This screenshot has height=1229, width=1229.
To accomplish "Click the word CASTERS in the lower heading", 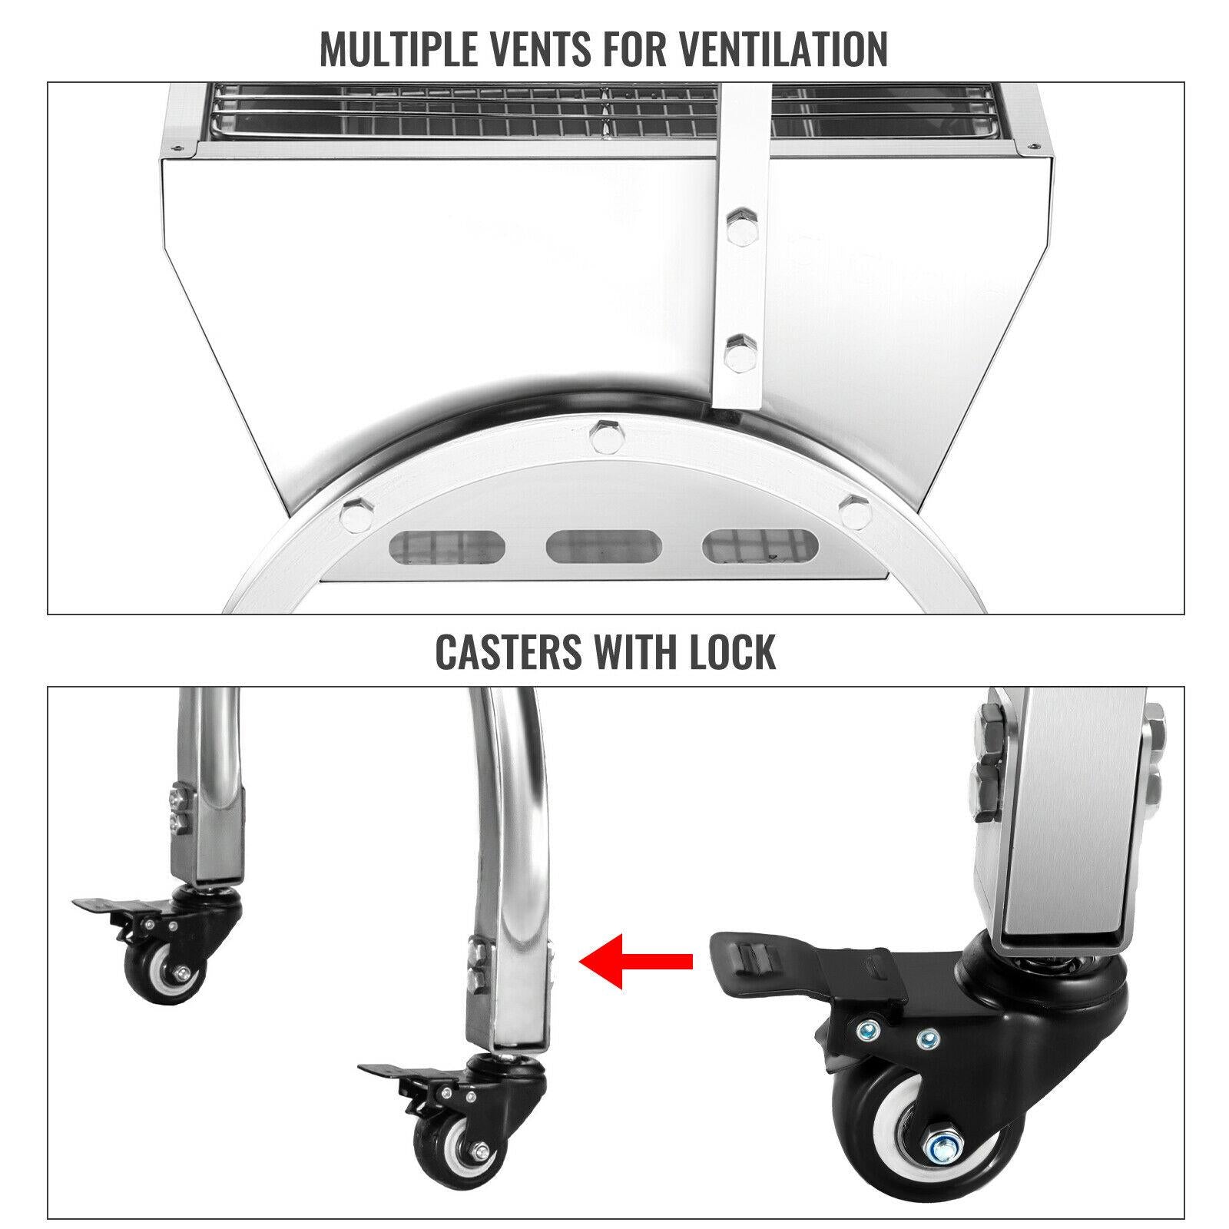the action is tap(508, 651).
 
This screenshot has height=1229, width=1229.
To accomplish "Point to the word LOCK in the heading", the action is tap(733, 651).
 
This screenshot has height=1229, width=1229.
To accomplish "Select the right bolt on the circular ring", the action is tap(854, 509).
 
